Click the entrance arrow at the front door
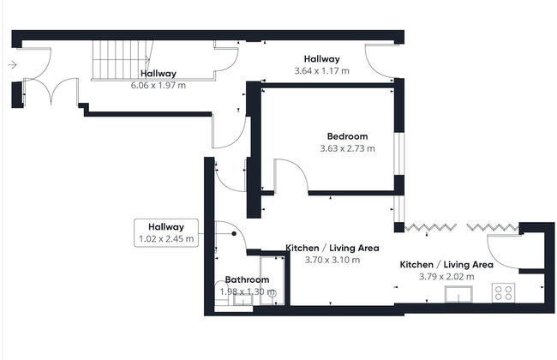(12, 64)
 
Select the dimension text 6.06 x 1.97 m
(159, 86)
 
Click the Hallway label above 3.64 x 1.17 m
(321, 59)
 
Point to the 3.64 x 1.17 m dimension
(321, 70)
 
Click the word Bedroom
(347, 136)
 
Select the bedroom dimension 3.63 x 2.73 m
(347, 148)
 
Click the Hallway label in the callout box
(165, 227)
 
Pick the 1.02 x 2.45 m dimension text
(165, 239)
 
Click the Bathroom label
(247, 279)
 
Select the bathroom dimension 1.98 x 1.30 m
(247, 291)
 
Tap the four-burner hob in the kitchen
(504, 292)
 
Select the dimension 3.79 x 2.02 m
(446, 277)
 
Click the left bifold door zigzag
(429, 227)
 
